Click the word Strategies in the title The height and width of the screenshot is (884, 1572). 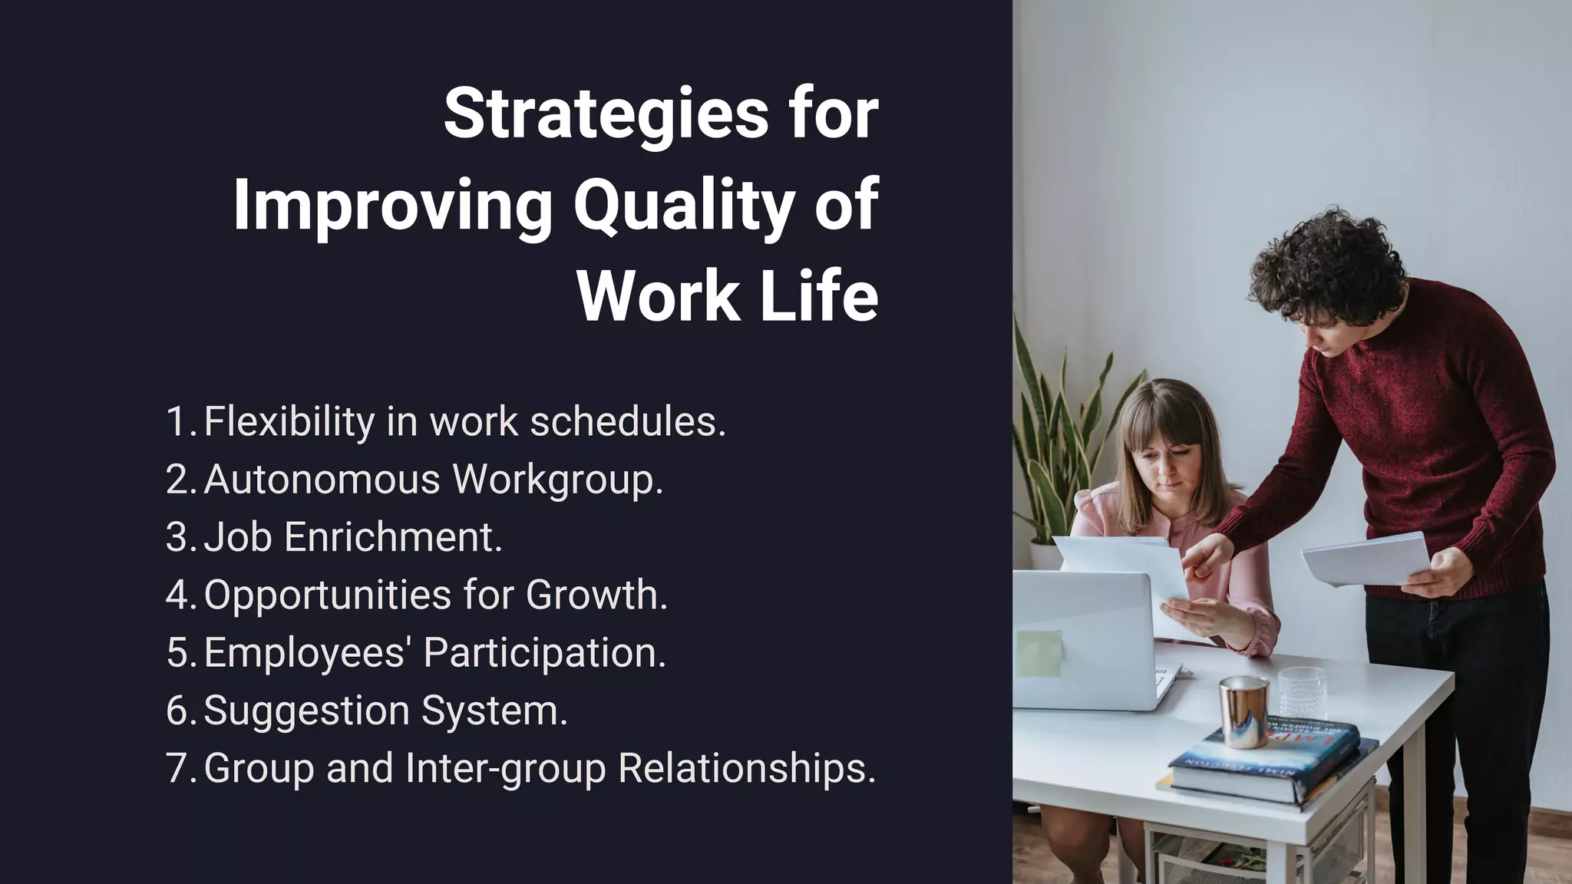tap(606, 115)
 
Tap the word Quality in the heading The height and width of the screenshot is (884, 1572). tap(683, 206)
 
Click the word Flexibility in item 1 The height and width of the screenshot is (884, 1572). tap(289, 421)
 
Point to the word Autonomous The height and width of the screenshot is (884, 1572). tap(322, 479)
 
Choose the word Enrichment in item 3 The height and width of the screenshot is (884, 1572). tap(393, 536)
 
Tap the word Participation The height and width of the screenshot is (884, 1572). tap(544, 652)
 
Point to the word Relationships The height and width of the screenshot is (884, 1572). tap(746, 768)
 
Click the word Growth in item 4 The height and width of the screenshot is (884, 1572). tap(596, 595)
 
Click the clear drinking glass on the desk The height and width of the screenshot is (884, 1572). tap(1302, 692)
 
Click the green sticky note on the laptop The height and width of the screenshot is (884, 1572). tap(1039, 653)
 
